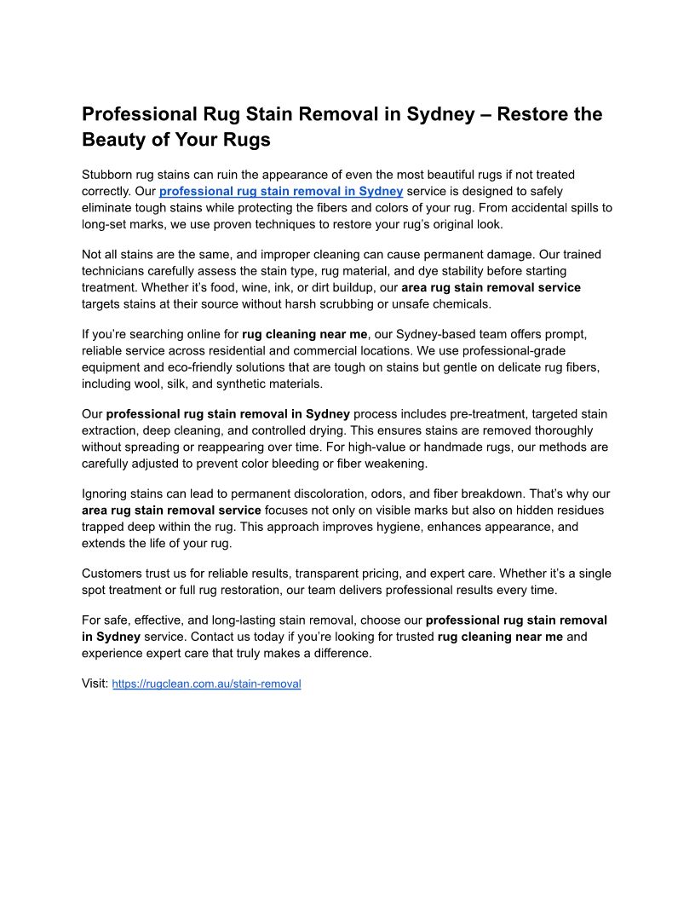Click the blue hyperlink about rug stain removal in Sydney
(x=280, y=191)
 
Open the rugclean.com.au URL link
(x=206, y=684)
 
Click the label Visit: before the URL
(x=95, y=684)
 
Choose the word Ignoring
(x=106, y=494)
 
